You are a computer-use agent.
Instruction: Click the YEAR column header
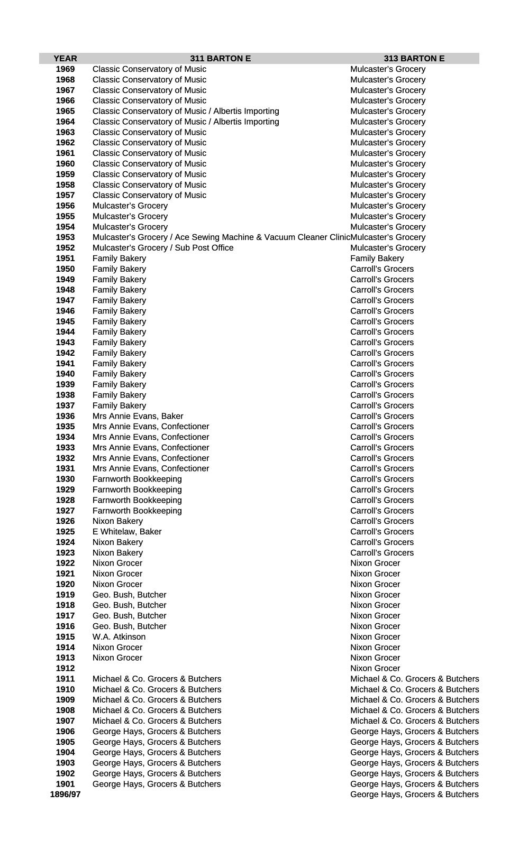(x=65, y=59)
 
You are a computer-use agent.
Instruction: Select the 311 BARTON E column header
(x=220, y=59)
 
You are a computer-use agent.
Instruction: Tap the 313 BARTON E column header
(x=414, y=59)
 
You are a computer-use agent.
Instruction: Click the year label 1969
(x=65, y=69)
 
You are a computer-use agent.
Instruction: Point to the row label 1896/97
(x=65, y=795)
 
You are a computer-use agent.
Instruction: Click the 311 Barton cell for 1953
(x=221, y=237)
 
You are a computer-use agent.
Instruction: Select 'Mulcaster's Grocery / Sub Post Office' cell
(x=163, y=248)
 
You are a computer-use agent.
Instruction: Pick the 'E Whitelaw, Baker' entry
(x=127, y=532)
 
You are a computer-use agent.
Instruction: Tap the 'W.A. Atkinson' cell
(x=119, y=637)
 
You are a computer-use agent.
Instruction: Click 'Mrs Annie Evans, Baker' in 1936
(x=138, y=416)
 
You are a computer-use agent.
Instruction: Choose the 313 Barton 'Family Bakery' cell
(x=377, y=258)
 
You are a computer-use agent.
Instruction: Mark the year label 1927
(x=65, y=511)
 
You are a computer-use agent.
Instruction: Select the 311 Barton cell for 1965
(x=186, y=111)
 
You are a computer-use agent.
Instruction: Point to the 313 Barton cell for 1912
(x=375, y=668)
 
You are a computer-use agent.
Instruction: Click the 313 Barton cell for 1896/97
(x=414, y=795)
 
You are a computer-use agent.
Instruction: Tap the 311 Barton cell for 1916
(x=129, y=626)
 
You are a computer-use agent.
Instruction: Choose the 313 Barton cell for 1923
(x=382, y=553)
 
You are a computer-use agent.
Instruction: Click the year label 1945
(x=65, y=321)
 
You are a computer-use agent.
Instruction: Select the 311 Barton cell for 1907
(x=157, y=721)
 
